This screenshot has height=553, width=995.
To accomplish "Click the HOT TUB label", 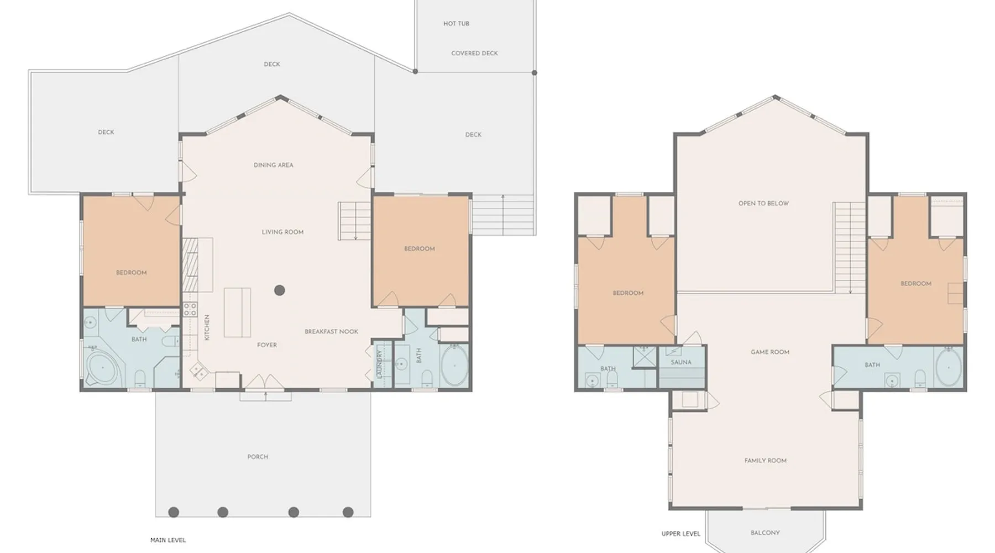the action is (456, 24).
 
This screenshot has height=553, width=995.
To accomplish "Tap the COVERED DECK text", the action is (474, 53).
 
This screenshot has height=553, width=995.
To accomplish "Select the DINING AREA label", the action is (273, 165).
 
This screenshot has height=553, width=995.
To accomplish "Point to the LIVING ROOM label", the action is (282, 232).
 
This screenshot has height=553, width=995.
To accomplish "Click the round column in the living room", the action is (280, 290).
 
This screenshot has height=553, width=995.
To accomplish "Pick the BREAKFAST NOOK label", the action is (331, 331).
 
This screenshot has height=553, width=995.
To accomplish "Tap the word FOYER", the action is (267, 345).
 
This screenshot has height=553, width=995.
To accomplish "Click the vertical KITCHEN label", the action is (207, 327).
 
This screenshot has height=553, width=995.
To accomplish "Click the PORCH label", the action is (258, 457).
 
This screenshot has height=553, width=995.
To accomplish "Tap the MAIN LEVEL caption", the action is (168, 540).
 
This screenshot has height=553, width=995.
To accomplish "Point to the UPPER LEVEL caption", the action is (680, 534).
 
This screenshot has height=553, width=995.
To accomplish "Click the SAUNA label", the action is (681, 362).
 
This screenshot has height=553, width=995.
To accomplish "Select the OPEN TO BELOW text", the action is (763, 203).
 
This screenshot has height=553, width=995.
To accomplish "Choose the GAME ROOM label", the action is (770, 352).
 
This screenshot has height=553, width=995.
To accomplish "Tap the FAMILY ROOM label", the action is (765, 460).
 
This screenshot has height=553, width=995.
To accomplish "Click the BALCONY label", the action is (765, 533).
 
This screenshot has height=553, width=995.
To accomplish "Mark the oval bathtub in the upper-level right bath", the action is (949, 367).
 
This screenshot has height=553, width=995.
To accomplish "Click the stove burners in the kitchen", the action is (190, 309).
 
